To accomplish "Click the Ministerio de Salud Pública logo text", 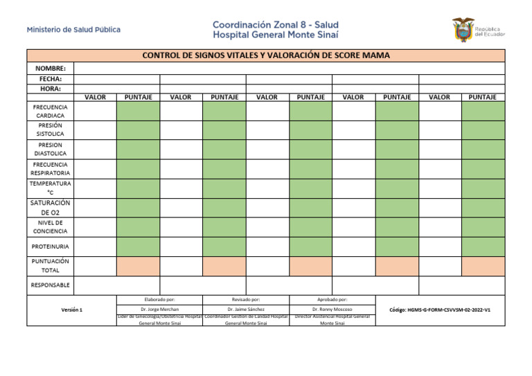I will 73,30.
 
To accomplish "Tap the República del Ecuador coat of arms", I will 462,30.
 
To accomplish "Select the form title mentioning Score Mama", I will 266,55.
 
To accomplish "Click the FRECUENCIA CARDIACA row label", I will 51,111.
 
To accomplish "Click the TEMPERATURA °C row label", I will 51,188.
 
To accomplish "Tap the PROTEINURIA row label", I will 51,246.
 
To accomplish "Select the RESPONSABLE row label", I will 51,285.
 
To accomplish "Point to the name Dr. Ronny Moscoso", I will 332,309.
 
